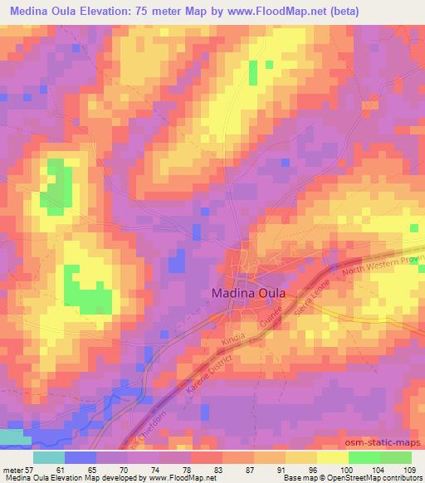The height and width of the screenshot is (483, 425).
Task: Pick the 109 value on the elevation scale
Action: pyautogui.click(x=411, y=469)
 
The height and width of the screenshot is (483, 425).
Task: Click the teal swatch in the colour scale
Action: pyautogui.click(x=49, y=457)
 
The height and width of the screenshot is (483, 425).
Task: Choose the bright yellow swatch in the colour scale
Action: pyautogui.click(x=332, y=457)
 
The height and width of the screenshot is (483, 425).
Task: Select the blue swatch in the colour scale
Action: pyautogui.click(x=81, y=457)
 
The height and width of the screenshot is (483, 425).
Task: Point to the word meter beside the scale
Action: pyautogui.click(x=12, y=469)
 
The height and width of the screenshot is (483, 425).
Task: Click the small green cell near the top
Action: pyautogui.click(x=270, y=65)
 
